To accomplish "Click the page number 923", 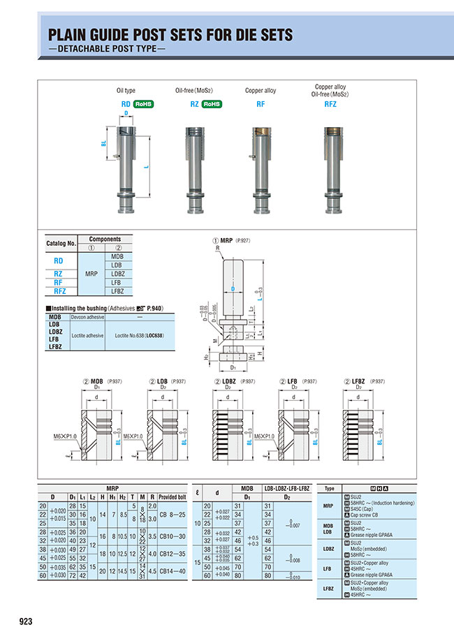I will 22,621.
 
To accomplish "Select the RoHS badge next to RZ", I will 212,104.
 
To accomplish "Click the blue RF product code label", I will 260,104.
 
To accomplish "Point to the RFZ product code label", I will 331,104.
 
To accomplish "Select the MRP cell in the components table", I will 91,274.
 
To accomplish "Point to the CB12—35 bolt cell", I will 173,554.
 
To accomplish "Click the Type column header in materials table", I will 330,489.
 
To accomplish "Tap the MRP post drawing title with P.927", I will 235,240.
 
